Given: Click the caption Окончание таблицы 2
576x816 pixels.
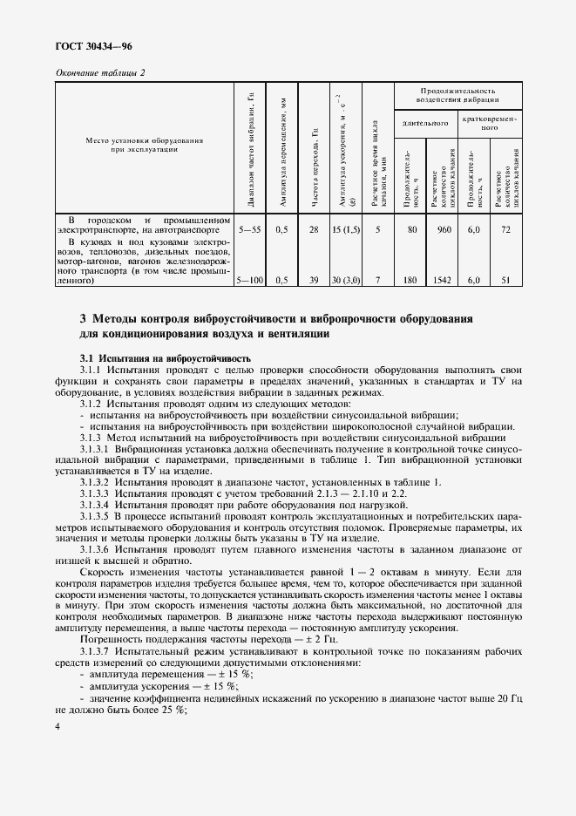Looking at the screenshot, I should (x=100, y=72).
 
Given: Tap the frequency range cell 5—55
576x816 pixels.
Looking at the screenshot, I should (x=249, y=229).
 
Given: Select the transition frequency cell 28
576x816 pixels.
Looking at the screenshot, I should (x=315, y=229).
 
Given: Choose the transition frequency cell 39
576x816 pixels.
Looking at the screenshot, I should (x=315, y=282).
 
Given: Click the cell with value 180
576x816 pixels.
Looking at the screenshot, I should (x=410, y=282).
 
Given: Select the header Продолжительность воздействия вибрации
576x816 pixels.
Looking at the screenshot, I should (x=457, y=95).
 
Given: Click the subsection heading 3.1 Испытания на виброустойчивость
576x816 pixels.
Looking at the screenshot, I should (x=165, y=358).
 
